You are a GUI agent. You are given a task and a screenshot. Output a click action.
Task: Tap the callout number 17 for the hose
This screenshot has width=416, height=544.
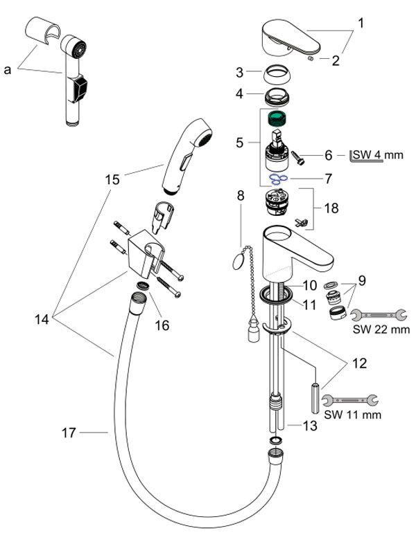point(69,433)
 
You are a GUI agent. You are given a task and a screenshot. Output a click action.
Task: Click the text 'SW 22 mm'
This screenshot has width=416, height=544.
point(381,329)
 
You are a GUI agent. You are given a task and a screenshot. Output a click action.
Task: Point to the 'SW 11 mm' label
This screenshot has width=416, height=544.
point(353,415)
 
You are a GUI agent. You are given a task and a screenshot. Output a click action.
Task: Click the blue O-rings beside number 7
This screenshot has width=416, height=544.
point(278,179)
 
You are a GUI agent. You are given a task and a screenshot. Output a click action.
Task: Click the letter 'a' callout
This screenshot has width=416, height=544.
point(8,70)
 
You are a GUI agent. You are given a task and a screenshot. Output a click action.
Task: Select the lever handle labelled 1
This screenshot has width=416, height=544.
point(291,39)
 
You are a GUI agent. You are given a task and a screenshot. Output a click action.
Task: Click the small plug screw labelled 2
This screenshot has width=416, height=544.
point(311,59)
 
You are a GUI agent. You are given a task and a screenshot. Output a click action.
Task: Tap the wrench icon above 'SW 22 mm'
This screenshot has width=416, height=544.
point(378,315)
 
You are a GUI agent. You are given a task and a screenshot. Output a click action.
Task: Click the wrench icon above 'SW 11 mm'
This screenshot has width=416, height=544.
point(349,401)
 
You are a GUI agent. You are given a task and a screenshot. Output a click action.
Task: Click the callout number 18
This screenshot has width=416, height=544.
point(331,208)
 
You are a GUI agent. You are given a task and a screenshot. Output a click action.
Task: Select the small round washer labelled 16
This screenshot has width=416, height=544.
point(143,286)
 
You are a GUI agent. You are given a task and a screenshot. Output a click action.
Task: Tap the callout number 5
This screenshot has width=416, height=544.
point(239,143)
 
